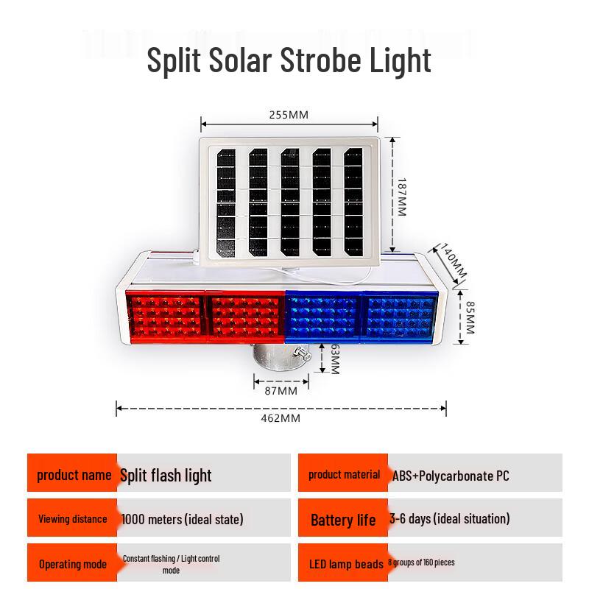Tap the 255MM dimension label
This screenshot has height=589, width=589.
pos(289,115)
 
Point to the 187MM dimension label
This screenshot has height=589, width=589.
pos(401,197)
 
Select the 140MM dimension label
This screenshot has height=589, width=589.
pos(453,261)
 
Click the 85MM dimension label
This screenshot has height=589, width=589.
pos(470,317)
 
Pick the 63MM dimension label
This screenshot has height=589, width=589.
pos(334,359)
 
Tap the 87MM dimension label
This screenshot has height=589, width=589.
pos(281,391)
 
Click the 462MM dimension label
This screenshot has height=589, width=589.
pos(281,418)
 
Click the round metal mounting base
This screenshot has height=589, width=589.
pos(282,357)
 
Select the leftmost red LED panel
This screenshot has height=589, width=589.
pos(166,317)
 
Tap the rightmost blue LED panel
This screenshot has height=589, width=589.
pos(399,317)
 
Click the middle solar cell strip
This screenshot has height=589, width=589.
pos(290,202)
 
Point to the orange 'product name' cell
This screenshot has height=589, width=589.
pos(72,473)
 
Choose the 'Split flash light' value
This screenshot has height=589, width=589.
pos(166,476)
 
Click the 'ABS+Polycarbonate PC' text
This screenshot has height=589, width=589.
pos(451,476)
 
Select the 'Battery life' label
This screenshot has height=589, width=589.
pos(343,521)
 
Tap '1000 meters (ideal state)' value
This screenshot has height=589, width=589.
pos(182,520)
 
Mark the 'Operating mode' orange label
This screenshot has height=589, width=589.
pos(73,564)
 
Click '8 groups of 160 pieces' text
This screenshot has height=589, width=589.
pos(421,562)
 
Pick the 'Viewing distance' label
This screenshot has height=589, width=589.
pos(73,519)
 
